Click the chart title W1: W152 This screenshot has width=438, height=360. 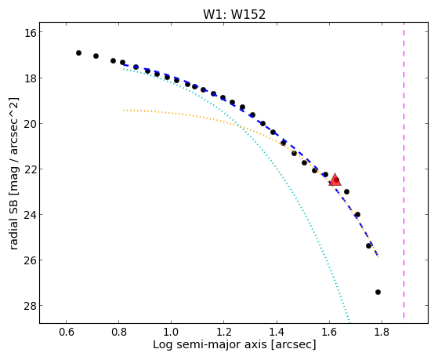point(234,14)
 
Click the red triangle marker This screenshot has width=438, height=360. point(335,180)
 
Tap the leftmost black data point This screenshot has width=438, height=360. point(79,53)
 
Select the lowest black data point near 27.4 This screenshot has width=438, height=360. point(378,292)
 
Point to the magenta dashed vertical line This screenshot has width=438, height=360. point(404,173)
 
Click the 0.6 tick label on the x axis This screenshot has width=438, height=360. point(66,332)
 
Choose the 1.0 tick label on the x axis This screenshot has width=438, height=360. point(172,332)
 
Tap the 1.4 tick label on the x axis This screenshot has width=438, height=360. point(277,332)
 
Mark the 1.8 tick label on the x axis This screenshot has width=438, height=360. point(382,332)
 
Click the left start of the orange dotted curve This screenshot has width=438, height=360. point(124,111)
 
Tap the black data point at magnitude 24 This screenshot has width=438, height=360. point(357,215)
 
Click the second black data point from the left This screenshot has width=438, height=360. point(96,56)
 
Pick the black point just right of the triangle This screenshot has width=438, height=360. point(346,191)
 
